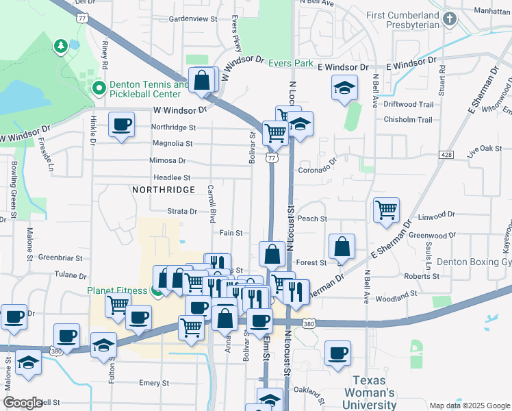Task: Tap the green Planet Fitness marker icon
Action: pyautogui.click(x=157, y=291)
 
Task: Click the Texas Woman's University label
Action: pyautogui.click(x=374, y=393)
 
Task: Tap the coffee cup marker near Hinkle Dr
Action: pyautogui.click(x=122, y=125)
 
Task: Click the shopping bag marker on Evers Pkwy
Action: pyautogui.click(x=203, y=80)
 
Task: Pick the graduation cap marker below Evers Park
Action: pyautogui.click(x=344, y=88)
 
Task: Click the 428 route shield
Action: pyautogui.click(x=447, y=155)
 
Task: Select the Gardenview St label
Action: pyautogui.click(x=192, y=18)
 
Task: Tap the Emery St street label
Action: pyautogui.click(x=154, y=383)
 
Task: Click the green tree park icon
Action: pyautogui.click(x=61, y=45)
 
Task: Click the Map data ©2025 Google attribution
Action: pyautogui.click(x=470, y=406)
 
